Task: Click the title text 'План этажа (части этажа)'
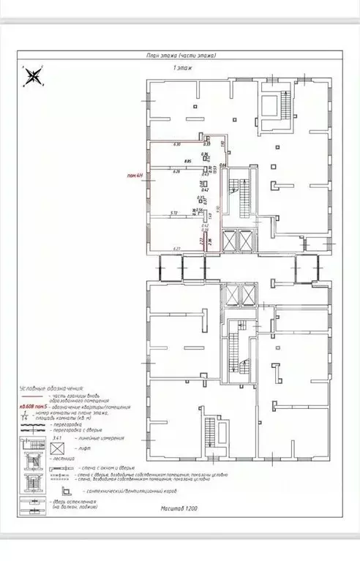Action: [181, 56]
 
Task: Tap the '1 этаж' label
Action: [182, 67]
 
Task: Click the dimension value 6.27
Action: [176, 249]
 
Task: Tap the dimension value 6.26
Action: [176, 172]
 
